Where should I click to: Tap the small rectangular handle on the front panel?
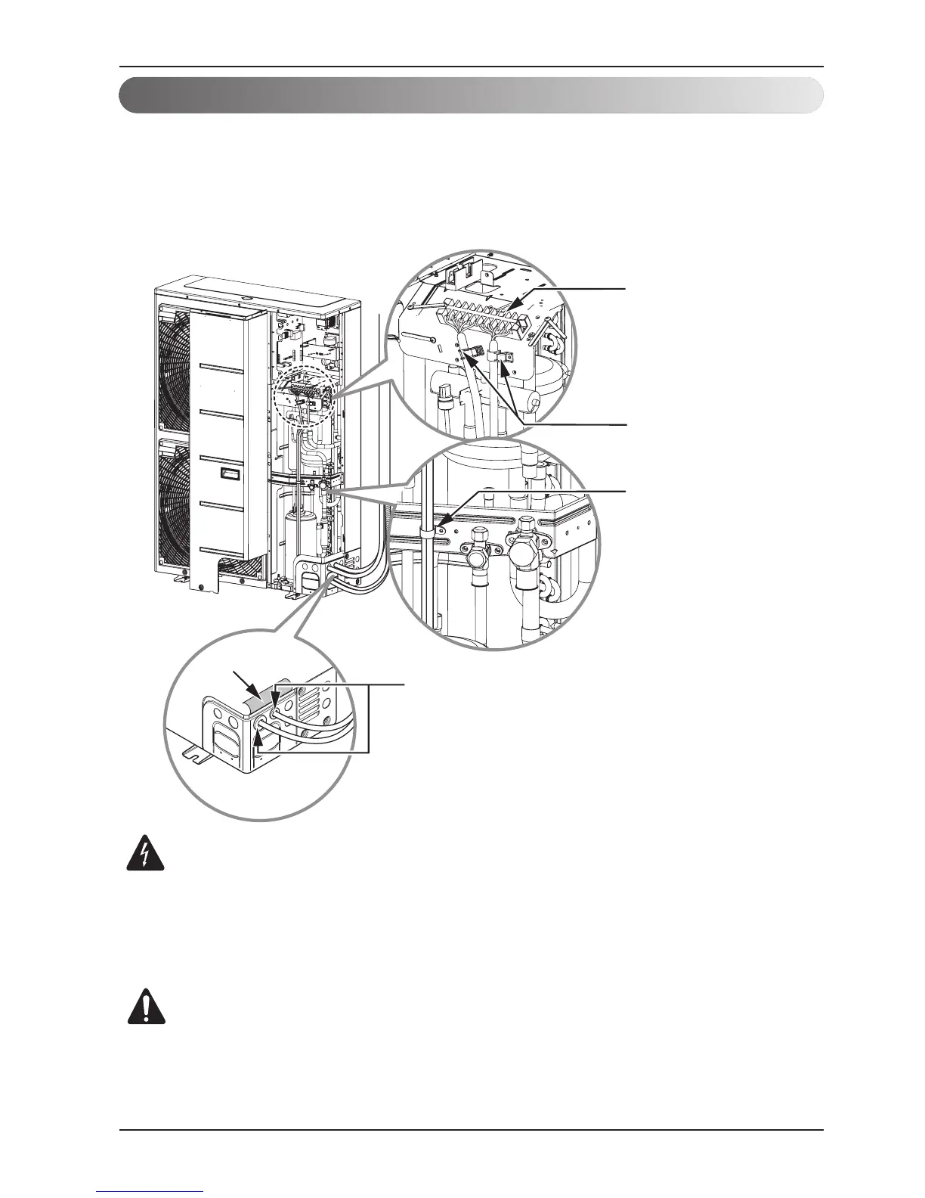[x=229, y=475]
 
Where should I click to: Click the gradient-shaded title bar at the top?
[x=470, y=95]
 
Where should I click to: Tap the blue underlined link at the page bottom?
[x=150, y=1193]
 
